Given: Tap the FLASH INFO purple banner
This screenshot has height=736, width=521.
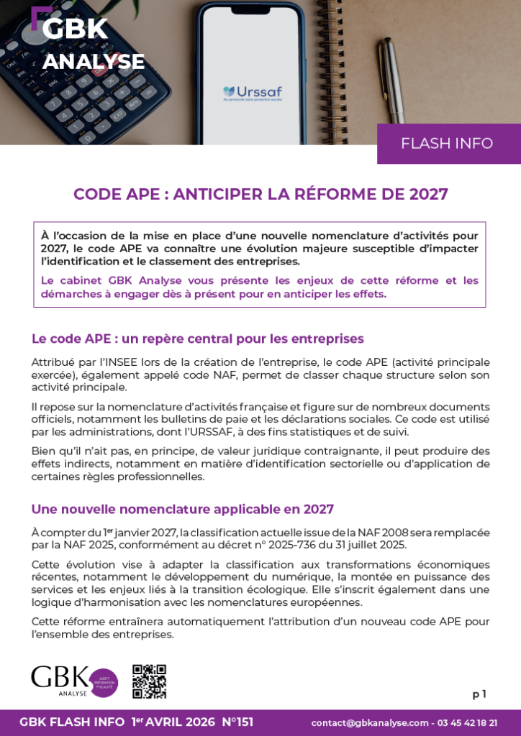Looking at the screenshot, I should pos(447,143).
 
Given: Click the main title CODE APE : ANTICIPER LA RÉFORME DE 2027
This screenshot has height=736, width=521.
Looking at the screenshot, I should pos(260,194).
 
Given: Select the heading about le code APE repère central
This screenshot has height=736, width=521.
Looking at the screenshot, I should pos(197,339).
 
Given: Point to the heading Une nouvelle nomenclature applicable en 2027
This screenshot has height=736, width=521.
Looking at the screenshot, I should pos(182,509).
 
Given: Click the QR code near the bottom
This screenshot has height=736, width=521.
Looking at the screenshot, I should pos(149,681).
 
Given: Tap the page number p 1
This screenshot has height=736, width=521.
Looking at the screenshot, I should pos(479,694).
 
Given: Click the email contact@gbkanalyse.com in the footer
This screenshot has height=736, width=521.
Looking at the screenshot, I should pos(370,723).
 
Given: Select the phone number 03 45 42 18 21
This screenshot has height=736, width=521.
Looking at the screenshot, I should pos(467,723).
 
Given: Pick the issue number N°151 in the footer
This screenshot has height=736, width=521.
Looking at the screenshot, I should pos(237,722).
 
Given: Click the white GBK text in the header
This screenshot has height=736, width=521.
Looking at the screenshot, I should pos(75,29).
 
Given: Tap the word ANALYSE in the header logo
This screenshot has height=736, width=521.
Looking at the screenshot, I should pos(94,62).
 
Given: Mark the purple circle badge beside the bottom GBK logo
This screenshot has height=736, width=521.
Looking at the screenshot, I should pos(104,682).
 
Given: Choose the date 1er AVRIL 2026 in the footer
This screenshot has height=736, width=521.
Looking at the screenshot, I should pos(173,722).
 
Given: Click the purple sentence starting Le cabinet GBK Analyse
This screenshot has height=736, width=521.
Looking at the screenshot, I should pos(259,287).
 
